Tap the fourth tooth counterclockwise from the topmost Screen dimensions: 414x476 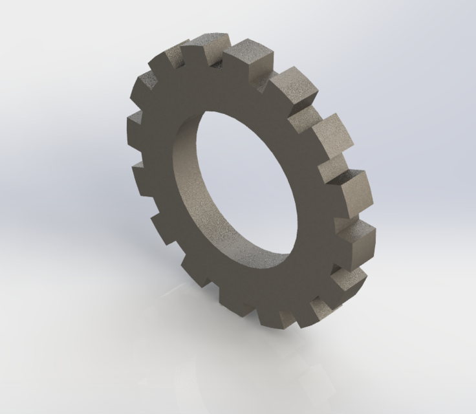[x=140, y=171]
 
